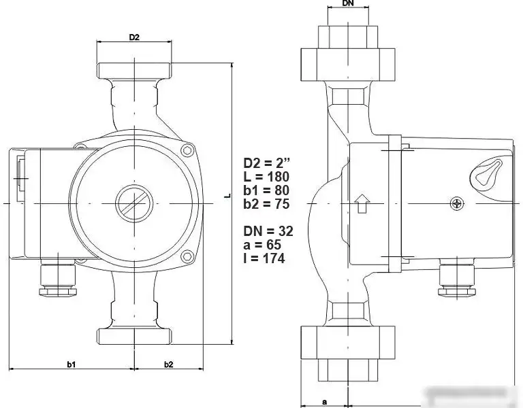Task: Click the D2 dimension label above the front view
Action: pos(134,37)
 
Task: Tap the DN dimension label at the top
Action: pos(347,4)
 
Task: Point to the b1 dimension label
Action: pos(71,364)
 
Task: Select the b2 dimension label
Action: pos(168,364)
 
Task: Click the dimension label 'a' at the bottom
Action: pos(324,401)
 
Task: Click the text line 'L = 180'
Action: pos(267,177)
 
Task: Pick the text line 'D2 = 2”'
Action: pos(267,163)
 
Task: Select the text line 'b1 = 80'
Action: pos(267,190)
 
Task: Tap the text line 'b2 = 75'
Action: pos(267,204)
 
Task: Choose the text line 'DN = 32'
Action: pos(268,231)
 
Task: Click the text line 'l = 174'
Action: pos(264,258)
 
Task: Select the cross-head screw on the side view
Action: pos(457,203)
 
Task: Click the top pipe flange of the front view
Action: pos(134,69)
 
